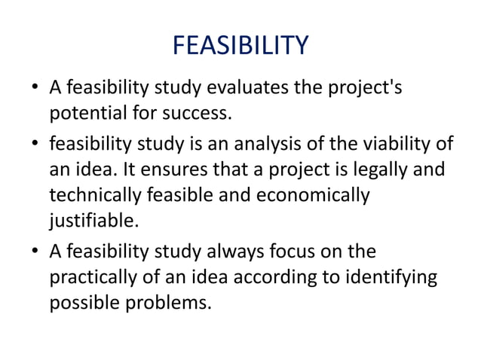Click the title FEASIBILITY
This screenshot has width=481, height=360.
tap(240, 46)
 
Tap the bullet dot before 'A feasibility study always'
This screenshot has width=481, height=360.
tap(35, 251)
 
